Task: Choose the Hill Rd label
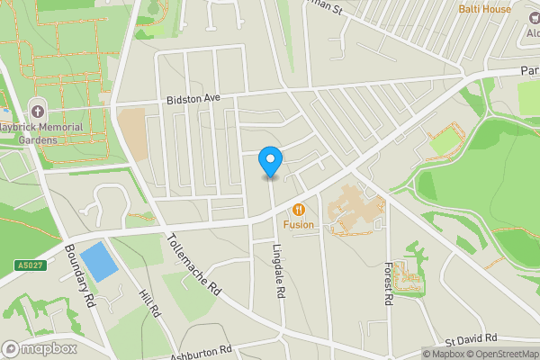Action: [149, 301]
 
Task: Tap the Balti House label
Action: [484, 9]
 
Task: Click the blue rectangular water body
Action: [98, 261]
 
